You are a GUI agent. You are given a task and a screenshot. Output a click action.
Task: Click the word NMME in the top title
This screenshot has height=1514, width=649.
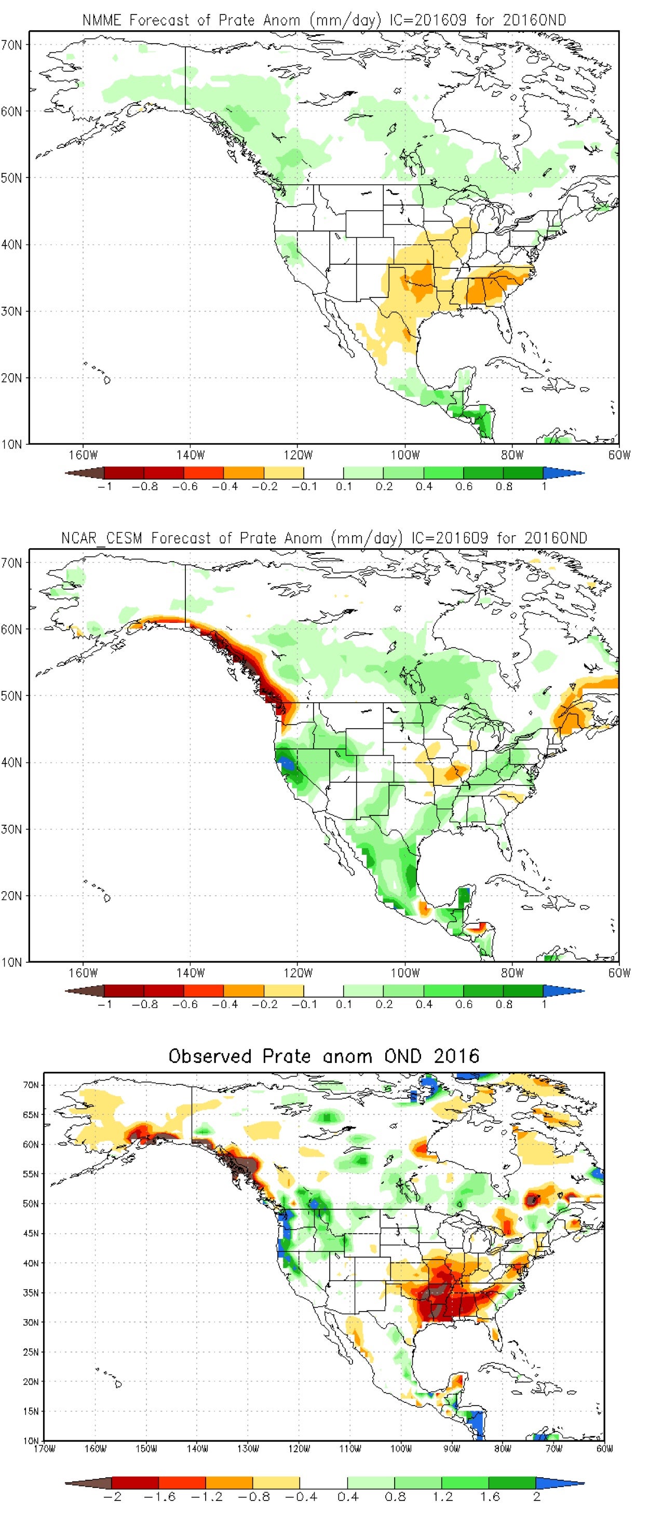point(102,21)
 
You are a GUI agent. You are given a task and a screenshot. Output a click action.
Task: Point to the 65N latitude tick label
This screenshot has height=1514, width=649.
point(31,1114)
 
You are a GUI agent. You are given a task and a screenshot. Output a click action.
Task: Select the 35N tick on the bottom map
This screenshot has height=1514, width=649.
point(31,1292)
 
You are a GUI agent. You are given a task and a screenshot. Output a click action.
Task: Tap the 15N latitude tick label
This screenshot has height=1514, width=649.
point(31,1411)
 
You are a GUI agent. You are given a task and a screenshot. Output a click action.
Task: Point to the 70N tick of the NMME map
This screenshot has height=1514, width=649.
point(12,45)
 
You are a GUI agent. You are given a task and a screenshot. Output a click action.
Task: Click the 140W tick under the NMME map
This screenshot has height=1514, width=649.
point(190,455)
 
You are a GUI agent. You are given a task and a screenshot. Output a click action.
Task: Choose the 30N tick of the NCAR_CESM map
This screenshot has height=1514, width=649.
point(12,829)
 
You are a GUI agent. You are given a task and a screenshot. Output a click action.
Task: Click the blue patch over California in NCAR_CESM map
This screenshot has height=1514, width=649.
point(288,763)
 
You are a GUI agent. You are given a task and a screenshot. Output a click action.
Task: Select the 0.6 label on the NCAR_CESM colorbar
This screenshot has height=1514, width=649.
point(464,1004)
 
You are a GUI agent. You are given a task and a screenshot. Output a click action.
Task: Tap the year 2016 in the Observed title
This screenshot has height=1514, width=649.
point(456,1056)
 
